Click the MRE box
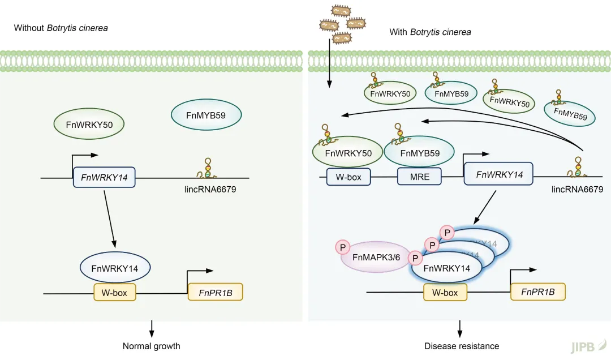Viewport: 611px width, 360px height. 420,177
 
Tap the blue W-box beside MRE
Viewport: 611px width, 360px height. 348,177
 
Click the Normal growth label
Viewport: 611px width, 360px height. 151,346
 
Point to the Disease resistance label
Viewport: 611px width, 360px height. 462,346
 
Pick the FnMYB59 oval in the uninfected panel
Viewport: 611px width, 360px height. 206,115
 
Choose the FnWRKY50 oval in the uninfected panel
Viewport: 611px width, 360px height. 89,123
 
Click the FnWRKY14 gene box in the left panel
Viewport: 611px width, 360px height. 104,178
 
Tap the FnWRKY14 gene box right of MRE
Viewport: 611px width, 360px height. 499,174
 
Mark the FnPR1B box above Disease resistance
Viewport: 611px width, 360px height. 537,292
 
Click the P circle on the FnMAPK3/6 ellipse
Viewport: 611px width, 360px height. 342,247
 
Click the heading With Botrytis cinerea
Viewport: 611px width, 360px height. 430,32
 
